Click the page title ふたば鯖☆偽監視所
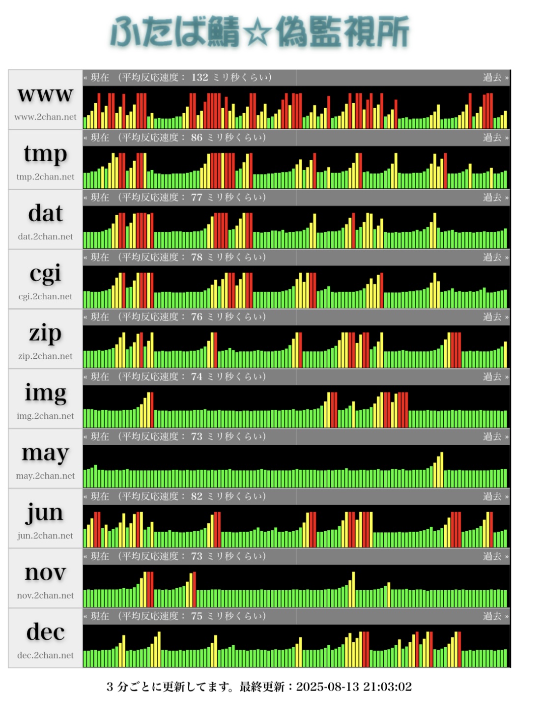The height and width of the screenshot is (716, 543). (x=259, y=32)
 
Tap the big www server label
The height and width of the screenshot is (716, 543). (x=45, y=94)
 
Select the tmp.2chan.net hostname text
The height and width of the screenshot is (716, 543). (x=45, y=177)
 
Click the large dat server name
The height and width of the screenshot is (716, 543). (x=45, y=214)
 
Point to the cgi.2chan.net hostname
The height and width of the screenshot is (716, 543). (x=45, y=296)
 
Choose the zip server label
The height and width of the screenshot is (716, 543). (x=45, y=334)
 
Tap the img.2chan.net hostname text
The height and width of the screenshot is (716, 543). (x=45, y=416)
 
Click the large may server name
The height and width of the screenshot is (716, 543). (x=45, y=453)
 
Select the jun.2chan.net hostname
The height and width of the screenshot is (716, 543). (x=45, y=536)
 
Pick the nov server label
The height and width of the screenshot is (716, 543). (x=45, y=573)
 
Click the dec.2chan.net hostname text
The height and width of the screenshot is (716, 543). (x=45, y=656)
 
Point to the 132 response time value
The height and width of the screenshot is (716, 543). (x=200, y=78)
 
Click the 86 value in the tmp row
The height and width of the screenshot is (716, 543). (x=197, y=138)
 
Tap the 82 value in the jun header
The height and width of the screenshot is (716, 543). (x=197, y=496)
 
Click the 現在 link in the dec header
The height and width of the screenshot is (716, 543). (x=99, y=616)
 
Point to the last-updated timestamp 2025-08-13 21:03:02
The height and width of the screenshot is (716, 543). (x=354, y=687)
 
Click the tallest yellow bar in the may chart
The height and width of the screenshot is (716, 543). (x=442, y=470)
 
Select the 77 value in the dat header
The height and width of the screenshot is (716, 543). (x=197, y=198)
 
